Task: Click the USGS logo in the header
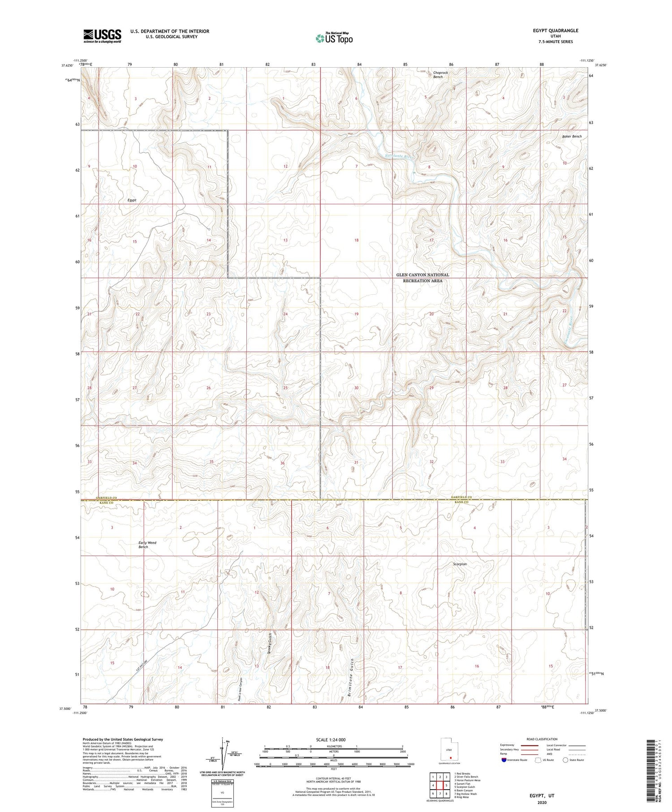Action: (102, 36)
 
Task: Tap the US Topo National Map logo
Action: (334, 39)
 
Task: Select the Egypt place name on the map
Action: (131, 200)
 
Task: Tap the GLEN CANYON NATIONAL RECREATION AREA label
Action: (422, 278)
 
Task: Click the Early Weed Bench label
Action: (147, 545)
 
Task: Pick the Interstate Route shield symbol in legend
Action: (504, 760)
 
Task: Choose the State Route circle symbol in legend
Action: (566, 760)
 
